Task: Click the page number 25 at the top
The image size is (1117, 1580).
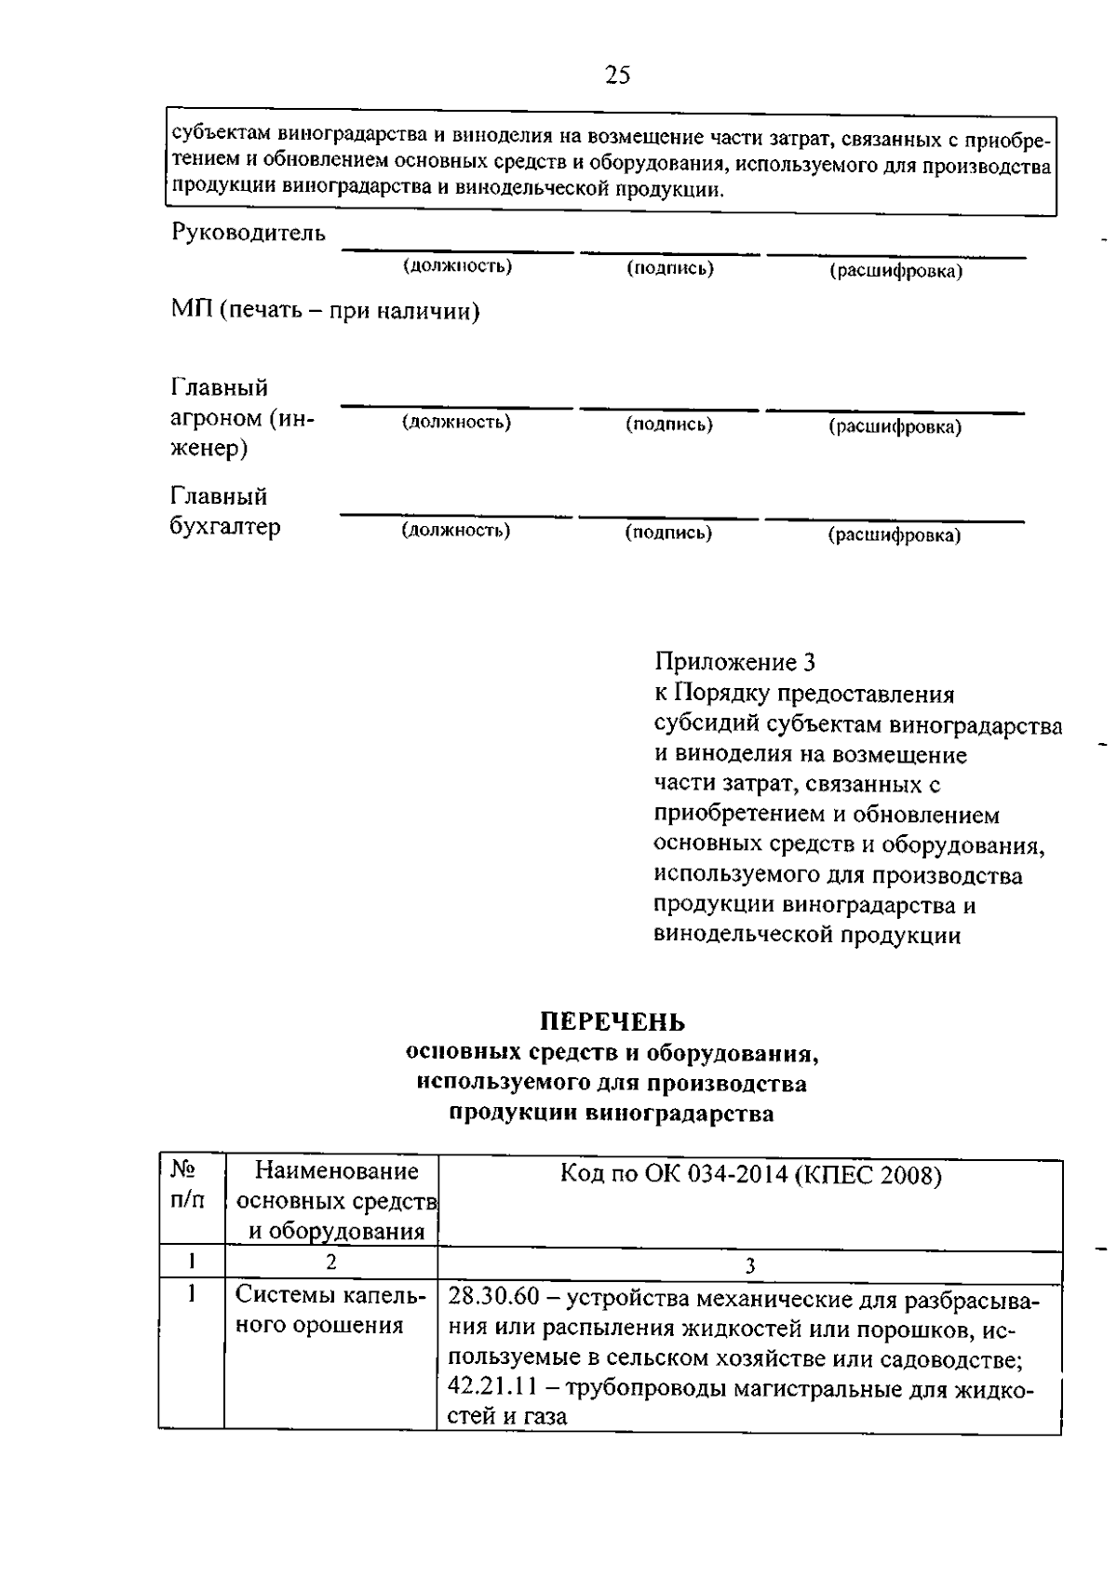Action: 617,75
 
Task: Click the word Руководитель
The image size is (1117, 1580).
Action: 249,233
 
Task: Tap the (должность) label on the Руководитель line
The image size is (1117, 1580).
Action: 457,266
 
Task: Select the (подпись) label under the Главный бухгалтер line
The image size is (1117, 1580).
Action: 668,533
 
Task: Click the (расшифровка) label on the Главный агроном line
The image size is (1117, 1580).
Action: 895,426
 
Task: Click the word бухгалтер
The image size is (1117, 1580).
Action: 225,527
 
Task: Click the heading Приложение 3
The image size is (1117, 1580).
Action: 734,662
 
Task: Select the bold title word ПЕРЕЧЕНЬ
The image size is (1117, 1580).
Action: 613,1022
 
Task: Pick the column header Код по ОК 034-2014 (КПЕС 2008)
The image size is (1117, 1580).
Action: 750,1176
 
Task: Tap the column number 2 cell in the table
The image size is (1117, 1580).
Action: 330,1263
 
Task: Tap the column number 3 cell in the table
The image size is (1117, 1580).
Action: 749,1265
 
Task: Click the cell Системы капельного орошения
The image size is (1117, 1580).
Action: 330,1310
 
